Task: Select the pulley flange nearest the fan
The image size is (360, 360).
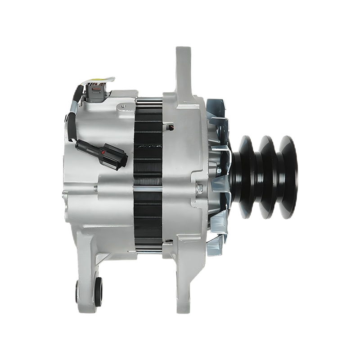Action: click(x=247, y=177)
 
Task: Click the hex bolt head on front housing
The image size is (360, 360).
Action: click(x=199, y=188)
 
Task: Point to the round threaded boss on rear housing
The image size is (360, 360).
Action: click(x=123, y=108)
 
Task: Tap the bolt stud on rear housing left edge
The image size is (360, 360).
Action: click(x=65, y=195)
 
